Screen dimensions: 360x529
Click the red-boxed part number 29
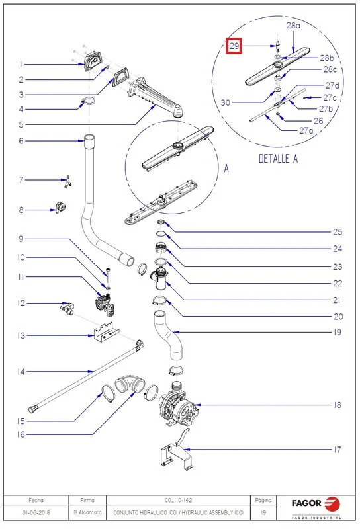(x=234, y=46)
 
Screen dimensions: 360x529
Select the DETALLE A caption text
(x=279, y=159)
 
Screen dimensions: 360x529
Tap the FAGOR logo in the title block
(x=316, y=505)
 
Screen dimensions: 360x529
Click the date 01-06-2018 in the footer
(x=36, y=512)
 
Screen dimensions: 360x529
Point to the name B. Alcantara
(x=87, y=512)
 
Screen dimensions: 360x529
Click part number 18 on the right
(x=337, y=405)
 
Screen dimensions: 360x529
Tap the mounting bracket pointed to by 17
(x=176, y=449)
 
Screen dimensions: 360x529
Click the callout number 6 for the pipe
(x=21, y=141)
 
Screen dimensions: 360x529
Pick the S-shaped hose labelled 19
(x=168, y=336)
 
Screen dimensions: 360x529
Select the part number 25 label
(x=337, y=232)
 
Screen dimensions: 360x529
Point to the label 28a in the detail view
(x=293, y=25)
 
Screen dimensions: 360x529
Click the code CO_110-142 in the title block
(x=178, y=500)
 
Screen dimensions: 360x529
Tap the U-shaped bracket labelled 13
(x=106, y=332)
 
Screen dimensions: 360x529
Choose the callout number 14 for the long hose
(x=21, y=372)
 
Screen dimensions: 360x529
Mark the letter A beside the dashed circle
(x=226, y=168)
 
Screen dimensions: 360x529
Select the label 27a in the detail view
(x=306, y=130)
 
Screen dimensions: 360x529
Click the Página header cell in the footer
(x=263, y=500)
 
